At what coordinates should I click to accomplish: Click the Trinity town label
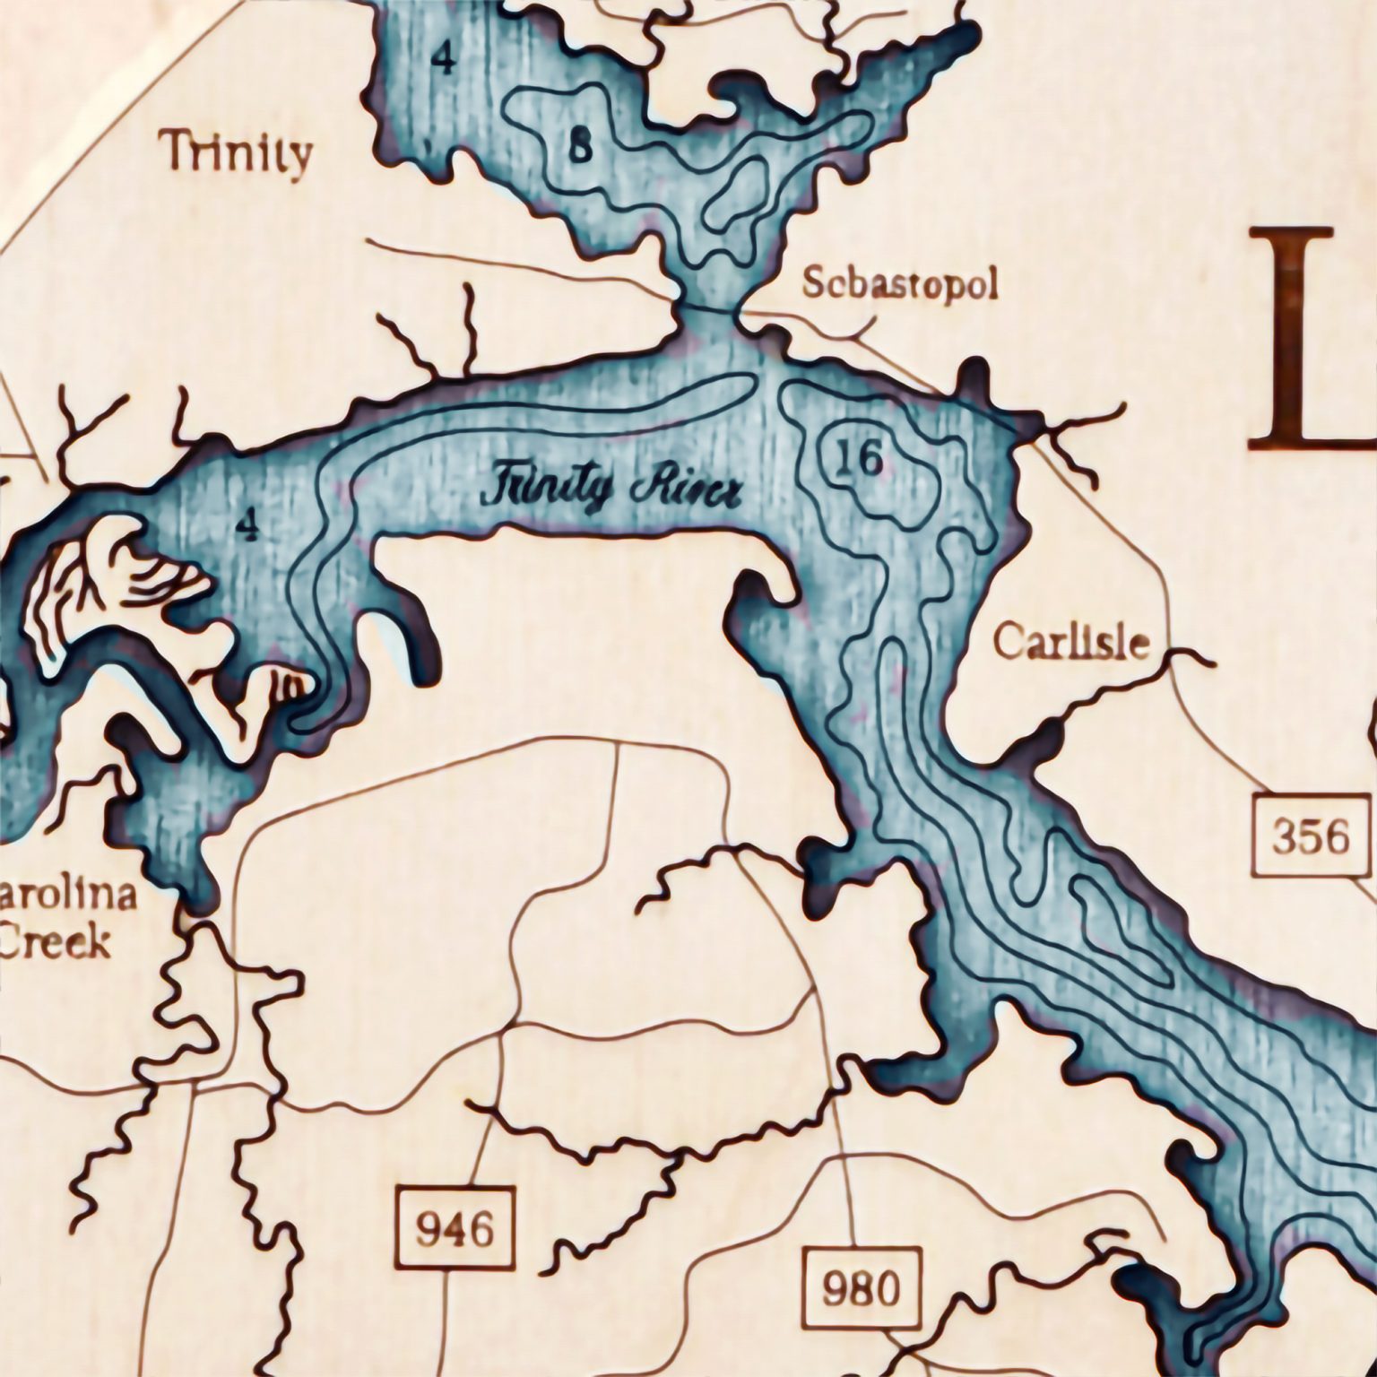pyautogui.click(x=237, y=153)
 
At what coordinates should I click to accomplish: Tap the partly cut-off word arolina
pyautogui.click(x=69, y=895)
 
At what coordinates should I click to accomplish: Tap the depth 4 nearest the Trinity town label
pyautogui.click(x=443, y=59)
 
